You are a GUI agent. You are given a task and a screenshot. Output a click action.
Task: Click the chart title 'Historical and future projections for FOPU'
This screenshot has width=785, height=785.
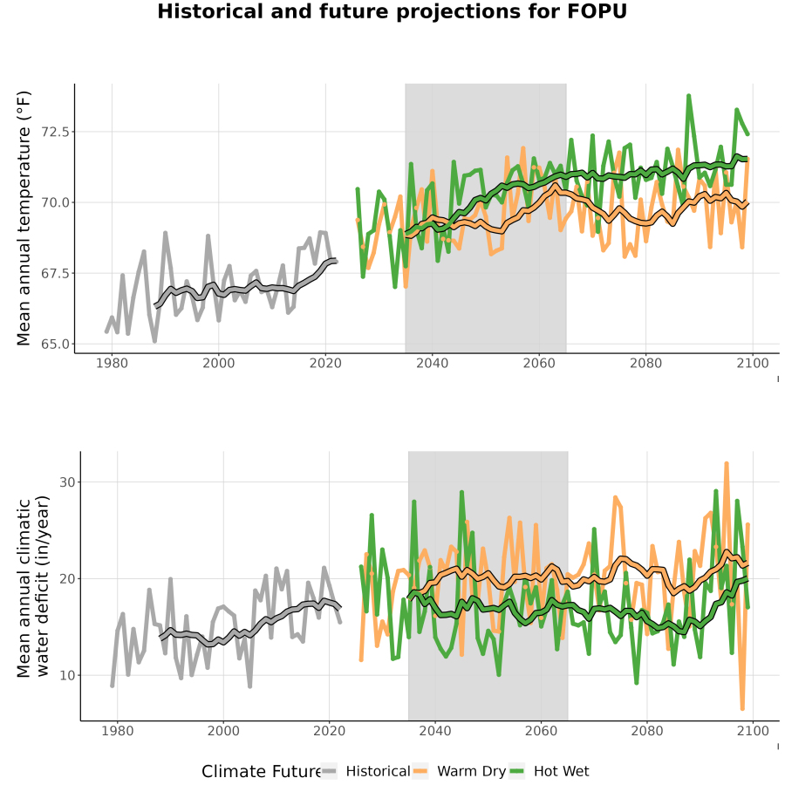[392, 11]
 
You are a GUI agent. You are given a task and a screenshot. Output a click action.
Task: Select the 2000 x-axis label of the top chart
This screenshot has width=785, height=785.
[219, 363]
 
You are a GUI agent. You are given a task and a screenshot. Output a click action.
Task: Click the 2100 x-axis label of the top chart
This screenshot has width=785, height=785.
[753, 363]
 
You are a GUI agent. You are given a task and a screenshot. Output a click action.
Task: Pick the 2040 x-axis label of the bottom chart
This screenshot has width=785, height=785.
[435, 731]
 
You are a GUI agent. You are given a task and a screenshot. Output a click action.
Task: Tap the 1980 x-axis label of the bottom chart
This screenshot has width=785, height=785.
[118, 731]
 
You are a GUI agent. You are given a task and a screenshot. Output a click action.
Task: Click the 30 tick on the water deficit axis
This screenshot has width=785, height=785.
[67, 482]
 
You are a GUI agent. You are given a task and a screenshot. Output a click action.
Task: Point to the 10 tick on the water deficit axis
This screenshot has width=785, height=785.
[67, 675]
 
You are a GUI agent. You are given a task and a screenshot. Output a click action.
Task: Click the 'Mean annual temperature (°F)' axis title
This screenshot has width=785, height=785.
[23, 218]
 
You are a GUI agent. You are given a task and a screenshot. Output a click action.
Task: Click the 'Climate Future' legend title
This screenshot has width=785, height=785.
[262, 771]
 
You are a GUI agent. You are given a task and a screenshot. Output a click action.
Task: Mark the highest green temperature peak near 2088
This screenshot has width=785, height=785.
[689, 95]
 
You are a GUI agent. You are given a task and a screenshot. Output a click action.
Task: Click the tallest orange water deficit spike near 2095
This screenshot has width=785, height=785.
[727, 464]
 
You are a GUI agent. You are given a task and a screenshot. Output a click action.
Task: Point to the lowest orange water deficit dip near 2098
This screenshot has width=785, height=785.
[742, 708]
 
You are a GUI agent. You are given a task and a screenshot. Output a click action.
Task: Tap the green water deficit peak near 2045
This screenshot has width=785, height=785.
[461, 492]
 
